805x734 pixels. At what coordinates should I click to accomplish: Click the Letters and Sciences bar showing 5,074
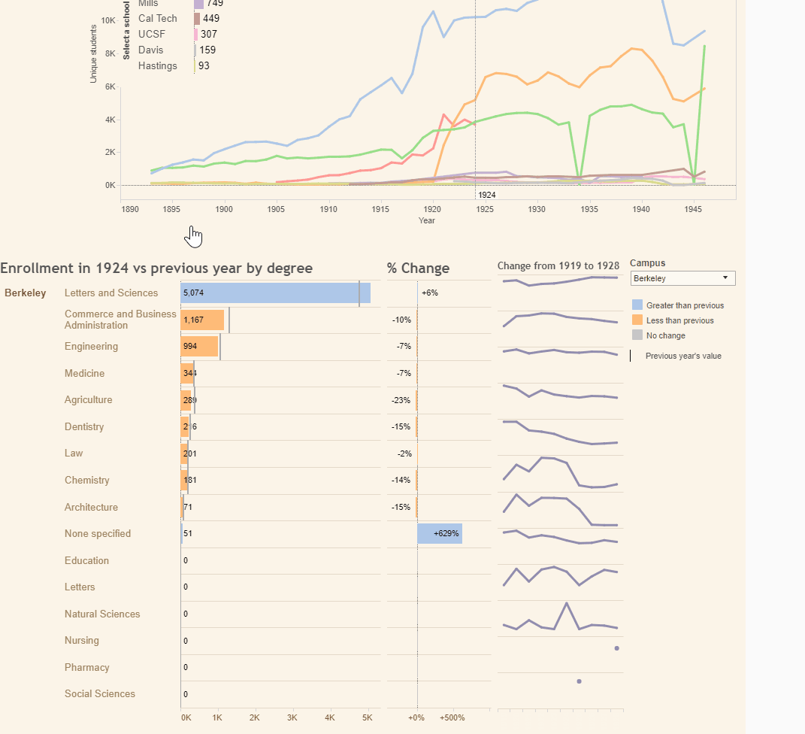click(x=275, y=293)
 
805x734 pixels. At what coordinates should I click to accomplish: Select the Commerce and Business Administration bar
click(x=202, y=320)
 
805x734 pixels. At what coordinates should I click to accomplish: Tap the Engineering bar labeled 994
click(x=199, y=347)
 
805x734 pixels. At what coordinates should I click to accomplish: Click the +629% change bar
click(x=440, y=533)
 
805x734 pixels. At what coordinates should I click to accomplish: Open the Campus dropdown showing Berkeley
click(x=682, y=278)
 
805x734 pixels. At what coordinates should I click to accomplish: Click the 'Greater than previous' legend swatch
click(x=637, y=305)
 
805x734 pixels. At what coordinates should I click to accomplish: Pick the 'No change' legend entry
click(x=665, y=335)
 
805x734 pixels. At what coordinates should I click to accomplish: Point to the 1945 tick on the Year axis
click(x=694, y=209)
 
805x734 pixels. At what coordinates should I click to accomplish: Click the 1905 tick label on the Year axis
click(x=277, y=209)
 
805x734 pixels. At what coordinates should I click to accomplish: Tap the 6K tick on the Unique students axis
click(x=110, y=86)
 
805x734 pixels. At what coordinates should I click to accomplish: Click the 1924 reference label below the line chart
click(x=487, y=195)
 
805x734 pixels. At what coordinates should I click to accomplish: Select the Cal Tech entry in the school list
click(x=158, y=18)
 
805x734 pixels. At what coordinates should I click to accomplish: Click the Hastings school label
click(x=158, y=65)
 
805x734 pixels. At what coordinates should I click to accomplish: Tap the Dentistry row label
click(x=84, y=426)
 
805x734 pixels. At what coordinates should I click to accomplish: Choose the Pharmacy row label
click(x=87, y=667)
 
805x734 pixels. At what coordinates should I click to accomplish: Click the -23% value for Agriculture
click(x=401, y=400)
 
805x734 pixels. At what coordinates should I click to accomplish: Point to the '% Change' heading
click(x=418, y=268)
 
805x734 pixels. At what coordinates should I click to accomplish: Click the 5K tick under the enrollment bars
click(x=367, y=717)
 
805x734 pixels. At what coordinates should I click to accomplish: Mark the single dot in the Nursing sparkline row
click(x=616, y=648)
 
